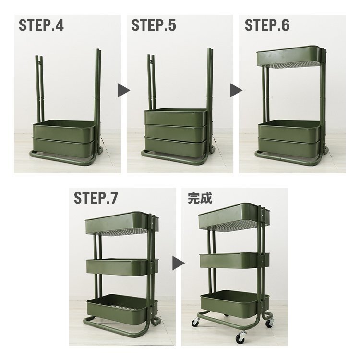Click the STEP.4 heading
coord(41,25)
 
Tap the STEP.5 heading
coord(154,25)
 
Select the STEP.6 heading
coord(267,25)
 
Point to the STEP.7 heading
coord(96,198)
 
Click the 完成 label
coord(200,198)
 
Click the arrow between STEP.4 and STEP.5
coord(124,90)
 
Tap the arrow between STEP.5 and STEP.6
coord(236,90)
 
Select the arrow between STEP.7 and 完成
coord(179,263)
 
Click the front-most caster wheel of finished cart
coord(240,337)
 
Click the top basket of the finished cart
coord(234,217)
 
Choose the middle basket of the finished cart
coord(234,260)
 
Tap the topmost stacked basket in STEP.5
coord(176,117)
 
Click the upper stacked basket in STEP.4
coord(64,130)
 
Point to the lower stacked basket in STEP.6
coord(289,147)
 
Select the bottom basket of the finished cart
coord(235,303)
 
